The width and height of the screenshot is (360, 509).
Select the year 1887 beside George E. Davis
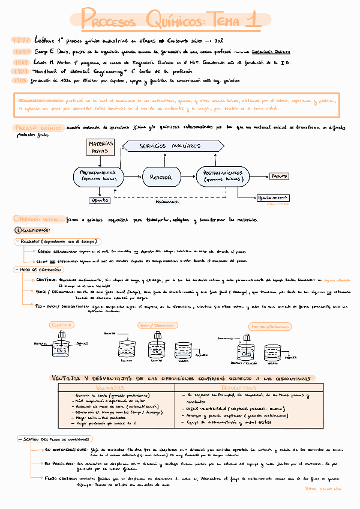click(x=21, y=52)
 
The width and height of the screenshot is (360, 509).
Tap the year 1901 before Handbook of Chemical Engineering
click(x=21, y=70)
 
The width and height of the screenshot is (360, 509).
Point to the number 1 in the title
click(x=254, y=19)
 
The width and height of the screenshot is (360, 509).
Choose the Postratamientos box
click(x=223, y=176)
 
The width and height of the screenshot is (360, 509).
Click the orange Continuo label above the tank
click(x=61, y=324)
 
